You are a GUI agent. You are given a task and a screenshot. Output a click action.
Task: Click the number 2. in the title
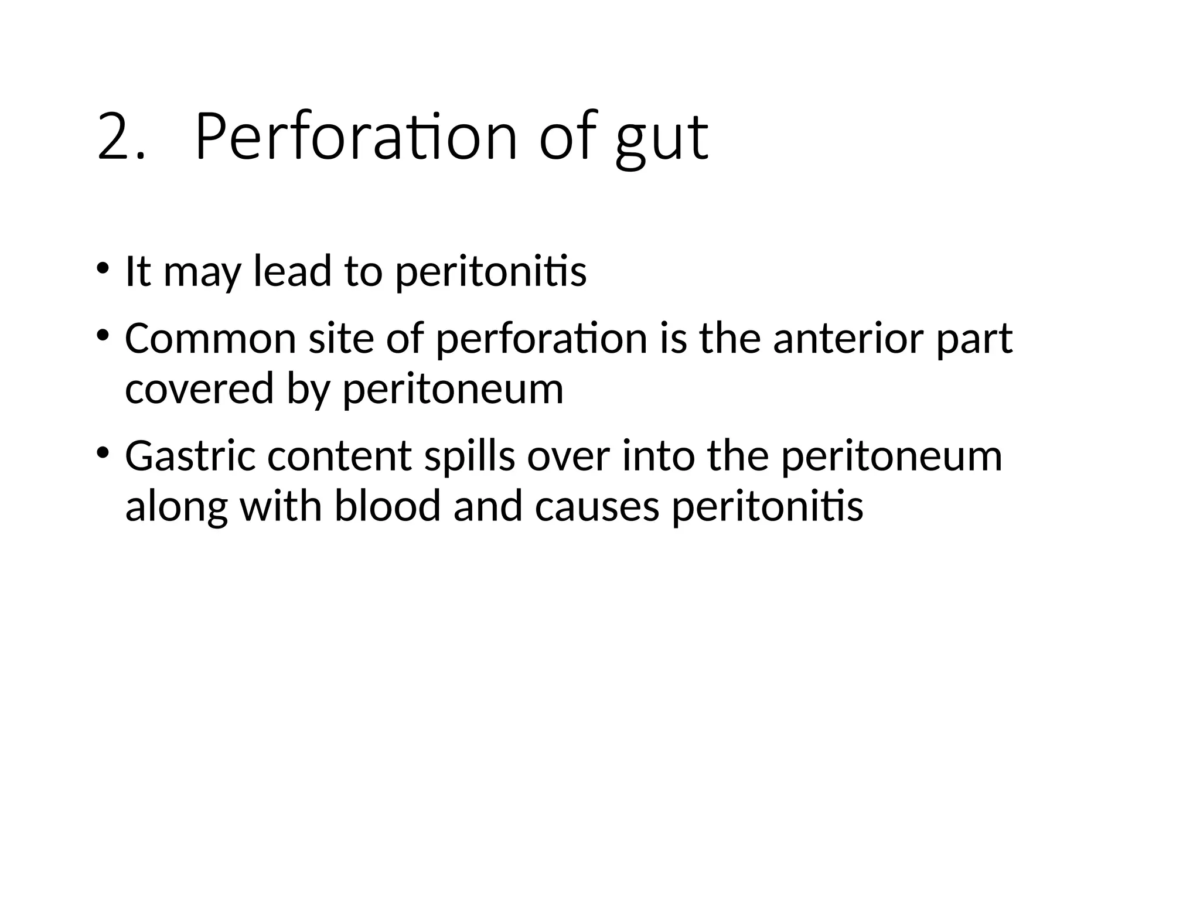pyautogui.click(x=120, y=137)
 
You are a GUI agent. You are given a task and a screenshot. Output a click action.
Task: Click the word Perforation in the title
pyautogui.click(x=356, y=137)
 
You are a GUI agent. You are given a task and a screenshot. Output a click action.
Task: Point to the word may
pyautogui.click(x=202, y=275)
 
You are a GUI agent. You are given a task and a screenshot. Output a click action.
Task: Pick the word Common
pyautogui.click(x=210, y=339)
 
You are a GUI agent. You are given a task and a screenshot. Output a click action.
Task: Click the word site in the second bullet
pyautogui.click(x=341, y=339)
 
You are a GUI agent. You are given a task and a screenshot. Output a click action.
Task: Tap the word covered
pyautogui.click(x=199, y=389)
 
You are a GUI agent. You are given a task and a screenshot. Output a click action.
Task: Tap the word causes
pyautogui.click(x=597, y=507)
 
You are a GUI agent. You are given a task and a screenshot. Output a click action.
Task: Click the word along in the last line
pyautogui.click(x=176, y=507)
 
